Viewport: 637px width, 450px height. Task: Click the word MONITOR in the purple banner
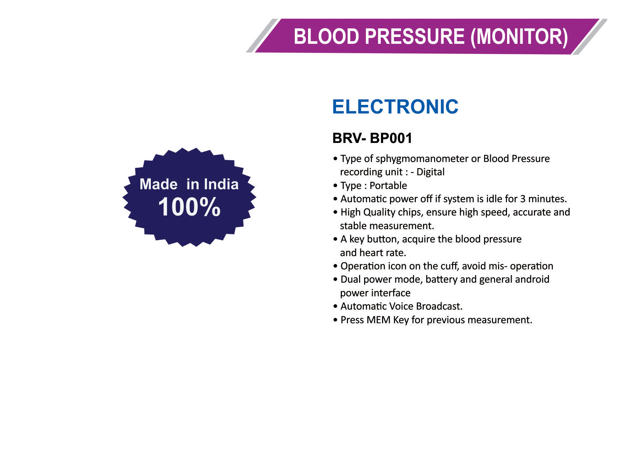point(519,37)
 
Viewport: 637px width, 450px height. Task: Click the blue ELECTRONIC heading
point(395,107)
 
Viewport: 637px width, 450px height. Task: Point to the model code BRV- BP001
point(372,138)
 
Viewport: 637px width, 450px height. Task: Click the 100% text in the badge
point(189,207)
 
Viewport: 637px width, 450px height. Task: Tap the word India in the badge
point(221,184)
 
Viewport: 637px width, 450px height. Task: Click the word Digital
point(431,172)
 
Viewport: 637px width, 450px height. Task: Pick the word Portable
point(388,186)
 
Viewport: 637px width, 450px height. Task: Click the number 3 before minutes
point(523,199)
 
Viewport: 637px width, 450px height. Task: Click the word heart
point(371,253)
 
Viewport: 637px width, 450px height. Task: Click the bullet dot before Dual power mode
point(335,280)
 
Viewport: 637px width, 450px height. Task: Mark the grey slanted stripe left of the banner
point(262,36)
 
